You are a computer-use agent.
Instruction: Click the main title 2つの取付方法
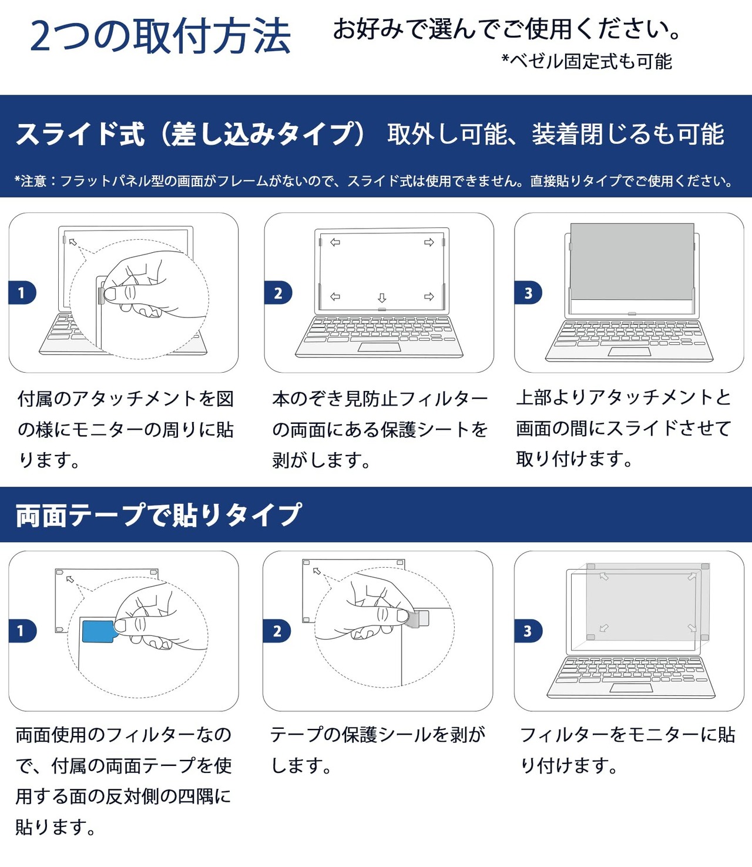pos(160,36)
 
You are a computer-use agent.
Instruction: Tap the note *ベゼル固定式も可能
pos(586,61)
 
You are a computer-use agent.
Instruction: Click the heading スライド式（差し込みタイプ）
pos(191,135)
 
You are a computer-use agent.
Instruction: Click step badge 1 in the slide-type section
pos(22,293)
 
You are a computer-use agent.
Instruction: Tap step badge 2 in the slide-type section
pos(278,293)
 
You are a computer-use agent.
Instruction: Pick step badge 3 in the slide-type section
pos(528,293)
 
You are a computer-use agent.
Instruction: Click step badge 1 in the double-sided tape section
pos(22,631)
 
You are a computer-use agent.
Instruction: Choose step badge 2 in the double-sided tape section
pos(277,631)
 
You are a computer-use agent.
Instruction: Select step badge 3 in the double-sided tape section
pos(528,631)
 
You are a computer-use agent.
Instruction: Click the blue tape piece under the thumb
pos(98,631)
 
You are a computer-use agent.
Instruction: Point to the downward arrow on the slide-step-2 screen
pos(382,298)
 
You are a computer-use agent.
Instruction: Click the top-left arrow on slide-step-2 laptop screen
pos(335,242)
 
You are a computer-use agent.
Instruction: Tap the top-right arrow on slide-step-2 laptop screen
pos(429,242)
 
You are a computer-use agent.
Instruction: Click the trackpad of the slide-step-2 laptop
pos(380,347)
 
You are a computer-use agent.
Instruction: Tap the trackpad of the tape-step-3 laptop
pos(631,688)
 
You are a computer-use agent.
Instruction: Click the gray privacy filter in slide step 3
pos(632,260)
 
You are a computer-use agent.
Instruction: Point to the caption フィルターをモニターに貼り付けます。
pos(627,750)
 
